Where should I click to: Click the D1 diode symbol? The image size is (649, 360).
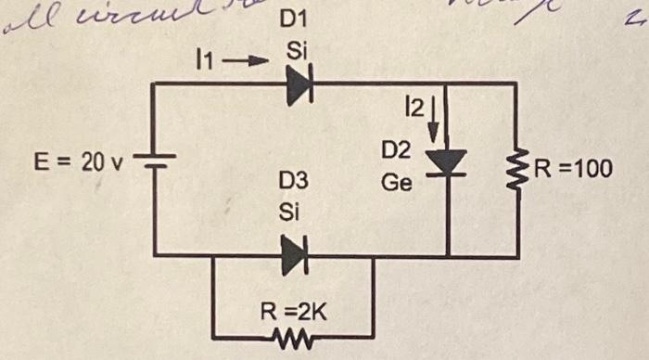click(x=297, y=85)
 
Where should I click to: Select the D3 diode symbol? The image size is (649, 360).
click(x=294, y=254)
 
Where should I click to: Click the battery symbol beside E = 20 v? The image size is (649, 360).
click(x=152, y=164)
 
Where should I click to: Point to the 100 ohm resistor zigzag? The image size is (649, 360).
click(x=515, y=169)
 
